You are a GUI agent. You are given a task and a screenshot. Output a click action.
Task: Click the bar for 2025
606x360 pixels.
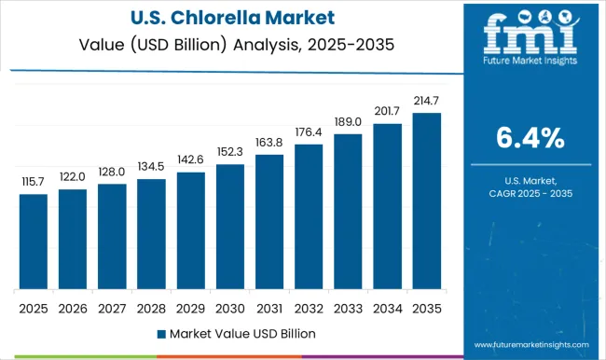tap(33, 242)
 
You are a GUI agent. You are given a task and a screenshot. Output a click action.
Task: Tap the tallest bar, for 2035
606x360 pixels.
tap(427, 201)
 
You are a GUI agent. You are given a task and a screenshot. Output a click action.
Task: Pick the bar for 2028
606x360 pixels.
tap(151, 234)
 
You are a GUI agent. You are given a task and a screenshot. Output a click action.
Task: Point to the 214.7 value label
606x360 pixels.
tap(427, 101)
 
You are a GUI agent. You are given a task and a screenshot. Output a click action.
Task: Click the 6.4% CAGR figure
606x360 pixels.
tap(528, 138)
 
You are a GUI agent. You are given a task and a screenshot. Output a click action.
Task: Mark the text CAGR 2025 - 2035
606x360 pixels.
tap(528, 192)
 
